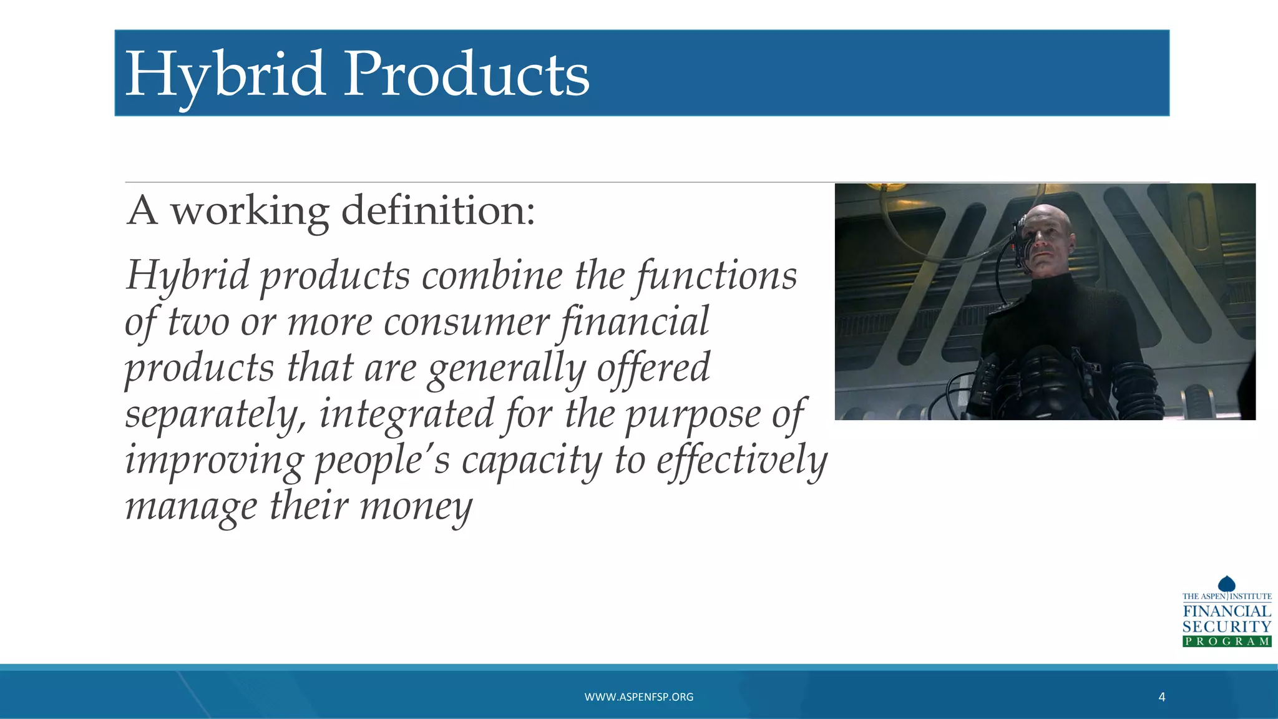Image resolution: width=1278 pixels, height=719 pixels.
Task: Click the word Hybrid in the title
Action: click(x=225, y=75)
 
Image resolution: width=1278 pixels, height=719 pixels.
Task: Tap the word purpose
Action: click(x=693, y=414)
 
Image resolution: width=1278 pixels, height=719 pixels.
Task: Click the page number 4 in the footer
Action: click(x=1161, y=697)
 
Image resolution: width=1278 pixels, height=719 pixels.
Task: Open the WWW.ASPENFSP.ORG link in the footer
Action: click(x=638, y=697)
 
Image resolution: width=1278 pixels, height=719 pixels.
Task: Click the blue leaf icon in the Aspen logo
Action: click(x=1226, y=584)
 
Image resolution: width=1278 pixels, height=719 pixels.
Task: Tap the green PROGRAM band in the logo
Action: click(x=1226, y=641)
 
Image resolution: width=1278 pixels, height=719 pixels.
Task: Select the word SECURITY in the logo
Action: click(x=1226, y=627)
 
